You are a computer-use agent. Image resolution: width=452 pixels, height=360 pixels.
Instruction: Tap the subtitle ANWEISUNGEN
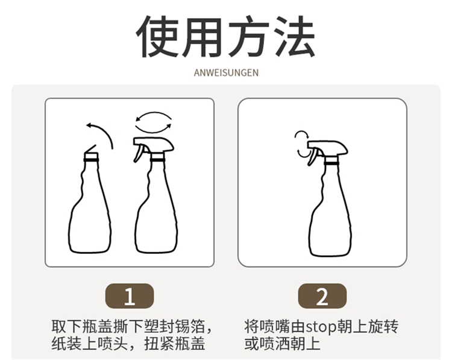click(226, 72)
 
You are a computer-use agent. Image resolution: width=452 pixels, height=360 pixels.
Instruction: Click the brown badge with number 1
click(130, 296)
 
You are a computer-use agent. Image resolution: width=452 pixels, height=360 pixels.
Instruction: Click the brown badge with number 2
click(322, 296)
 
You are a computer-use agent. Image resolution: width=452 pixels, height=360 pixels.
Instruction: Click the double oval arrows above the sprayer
click(154, 122)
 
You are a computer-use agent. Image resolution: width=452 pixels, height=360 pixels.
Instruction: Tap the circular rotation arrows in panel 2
click(302, 144)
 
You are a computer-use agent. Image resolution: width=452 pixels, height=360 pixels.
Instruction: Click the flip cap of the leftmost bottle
click(90, 151)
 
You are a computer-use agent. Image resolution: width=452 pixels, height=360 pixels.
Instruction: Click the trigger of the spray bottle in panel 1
click(139, 153)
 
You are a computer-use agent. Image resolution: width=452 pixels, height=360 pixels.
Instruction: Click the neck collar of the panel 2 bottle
click(331, 160)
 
